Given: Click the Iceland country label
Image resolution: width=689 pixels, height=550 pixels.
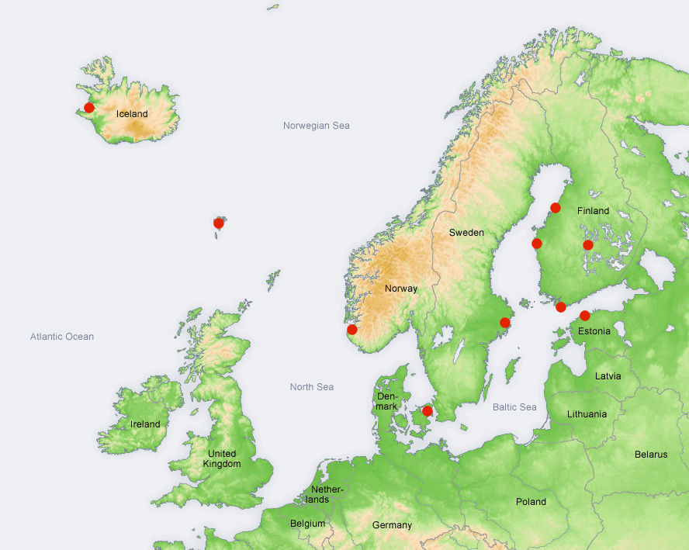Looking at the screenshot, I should pos(132,114).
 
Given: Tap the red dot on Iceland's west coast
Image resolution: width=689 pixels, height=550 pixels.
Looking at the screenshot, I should pos(89,108).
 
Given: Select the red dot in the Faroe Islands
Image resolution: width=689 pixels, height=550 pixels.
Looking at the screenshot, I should pos(219,223).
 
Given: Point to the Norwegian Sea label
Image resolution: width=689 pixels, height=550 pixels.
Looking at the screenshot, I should pos(316,126).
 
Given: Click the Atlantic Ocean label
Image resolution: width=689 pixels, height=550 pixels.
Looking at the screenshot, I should pos(62,337).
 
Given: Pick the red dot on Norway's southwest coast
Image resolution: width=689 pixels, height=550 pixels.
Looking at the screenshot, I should pos(351,330).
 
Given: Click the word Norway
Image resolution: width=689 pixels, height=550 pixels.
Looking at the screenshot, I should pos(401,289).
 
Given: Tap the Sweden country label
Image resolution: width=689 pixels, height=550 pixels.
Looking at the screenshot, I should pos(466,233).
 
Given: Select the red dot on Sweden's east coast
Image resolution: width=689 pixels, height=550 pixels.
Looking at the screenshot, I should pos(505,323).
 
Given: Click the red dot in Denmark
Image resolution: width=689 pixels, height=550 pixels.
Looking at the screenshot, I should pos(427,411).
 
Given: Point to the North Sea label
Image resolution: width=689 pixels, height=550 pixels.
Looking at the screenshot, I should pos(312,387).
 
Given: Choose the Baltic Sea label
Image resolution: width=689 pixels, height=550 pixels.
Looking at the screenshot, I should pos(514,407).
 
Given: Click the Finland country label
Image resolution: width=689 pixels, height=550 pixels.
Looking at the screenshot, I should pos(593,211).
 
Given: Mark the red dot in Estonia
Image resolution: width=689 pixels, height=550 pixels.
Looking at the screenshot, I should pos(584,316).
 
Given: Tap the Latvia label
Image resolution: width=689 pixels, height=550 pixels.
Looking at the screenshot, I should pos(608,376).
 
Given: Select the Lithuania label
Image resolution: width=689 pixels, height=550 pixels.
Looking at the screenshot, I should pos(587,414).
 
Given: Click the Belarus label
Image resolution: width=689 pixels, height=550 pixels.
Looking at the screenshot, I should pos(650,455).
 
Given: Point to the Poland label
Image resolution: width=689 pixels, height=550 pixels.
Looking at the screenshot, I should pos(531,502).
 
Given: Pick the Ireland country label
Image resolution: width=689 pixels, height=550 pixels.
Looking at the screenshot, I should pos(145,424).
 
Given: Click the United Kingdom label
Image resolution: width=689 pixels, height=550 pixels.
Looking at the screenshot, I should pos(222,458).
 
